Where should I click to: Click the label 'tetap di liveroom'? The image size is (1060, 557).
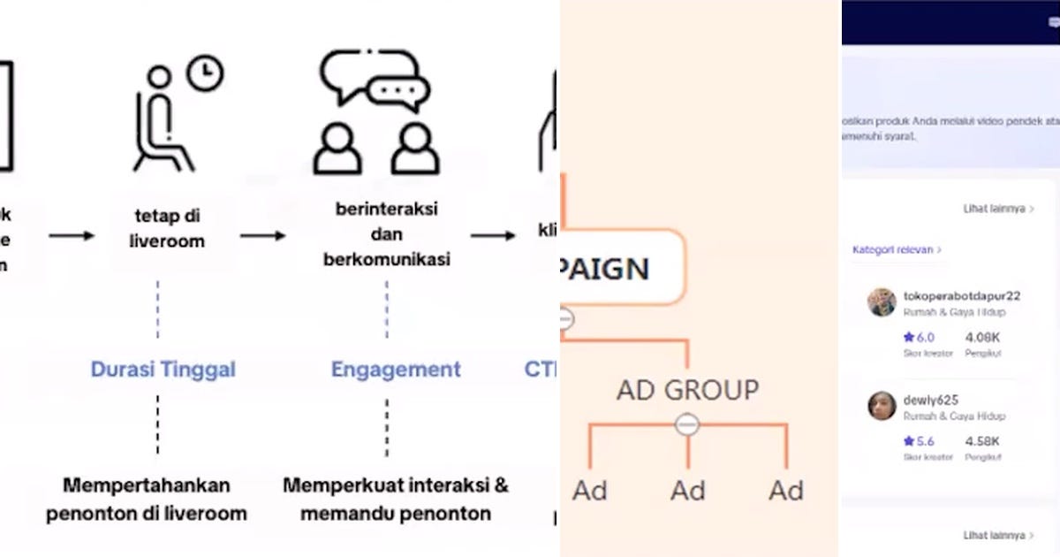coord(167,229)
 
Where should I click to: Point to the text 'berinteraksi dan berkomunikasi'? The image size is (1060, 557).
coord(387,234)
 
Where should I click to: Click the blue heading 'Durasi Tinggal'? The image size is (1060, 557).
coord(163,369)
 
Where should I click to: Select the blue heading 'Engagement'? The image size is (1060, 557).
coord(396,369)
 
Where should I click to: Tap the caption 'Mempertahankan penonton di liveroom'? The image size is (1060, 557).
coord(147,499)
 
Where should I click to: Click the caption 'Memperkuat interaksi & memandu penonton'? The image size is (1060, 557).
coord(396,499)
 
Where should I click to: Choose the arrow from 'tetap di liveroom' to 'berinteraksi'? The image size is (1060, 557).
coord(263,235)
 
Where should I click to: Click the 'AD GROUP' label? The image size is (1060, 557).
coord(687,389)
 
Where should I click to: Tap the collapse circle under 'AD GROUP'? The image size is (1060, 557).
coord(687,425)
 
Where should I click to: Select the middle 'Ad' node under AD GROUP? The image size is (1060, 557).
coord(687,490)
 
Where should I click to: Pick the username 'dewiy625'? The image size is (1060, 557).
coord(930,400)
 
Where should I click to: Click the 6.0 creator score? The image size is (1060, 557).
coord(925,337)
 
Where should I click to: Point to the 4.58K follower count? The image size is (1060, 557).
coord(982,440)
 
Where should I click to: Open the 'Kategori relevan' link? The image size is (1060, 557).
coord(896,250)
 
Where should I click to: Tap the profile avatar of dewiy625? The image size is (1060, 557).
coord(882,406)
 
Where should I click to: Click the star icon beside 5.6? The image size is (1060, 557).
coord(908,440)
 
